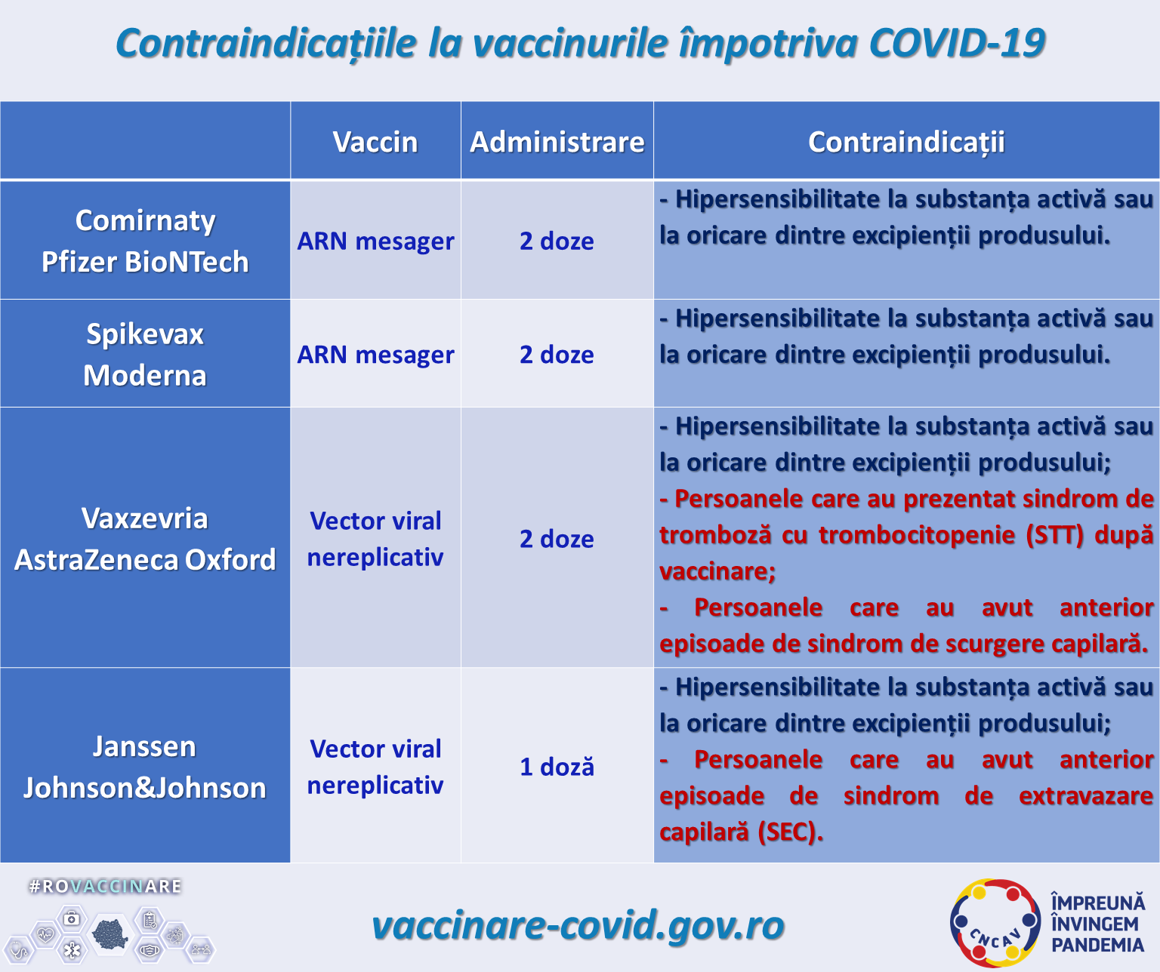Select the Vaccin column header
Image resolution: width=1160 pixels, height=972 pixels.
pyautogui.click(x=375, y=142)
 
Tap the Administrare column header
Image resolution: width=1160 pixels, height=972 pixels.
pyautogui.click(x=557, y=142)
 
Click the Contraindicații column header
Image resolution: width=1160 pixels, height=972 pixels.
pyautogui.click(x=906, y=142)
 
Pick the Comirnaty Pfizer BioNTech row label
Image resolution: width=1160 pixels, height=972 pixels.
pyautogui.click(x=145, y=241)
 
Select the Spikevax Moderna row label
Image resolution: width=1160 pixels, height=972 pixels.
pyautogui.click(x=145, y=354)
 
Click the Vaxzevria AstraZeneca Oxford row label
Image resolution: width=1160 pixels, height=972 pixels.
pyautogui.click(x=145, y=539)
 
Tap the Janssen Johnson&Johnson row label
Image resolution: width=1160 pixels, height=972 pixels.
pyautogui.click(x=145, y=767)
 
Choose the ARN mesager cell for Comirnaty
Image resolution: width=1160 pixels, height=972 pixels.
pyautogui.click(x=375, y=241)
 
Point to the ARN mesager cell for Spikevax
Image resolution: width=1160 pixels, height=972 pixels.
pyautogui.click(x=375, y=355)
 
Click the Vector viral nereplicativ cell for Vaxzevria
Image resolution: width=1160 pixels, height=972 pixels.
pyautogui.click(x=375, y=539)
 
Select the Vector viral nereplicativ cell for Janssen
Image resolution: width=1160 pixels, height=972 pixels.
pyautogui.click(x=375, y=767)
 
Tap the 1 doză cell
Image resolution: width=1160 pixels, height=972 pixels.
pyautogui.click(x=557, y=767)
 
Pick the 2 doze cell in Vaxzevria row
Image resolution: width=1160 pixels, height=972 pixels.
pyautogui.click(x=557, y=540)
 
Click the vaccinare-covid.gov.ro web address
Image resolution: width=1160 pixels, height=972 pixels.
pyautogui.click(x=578, y=925)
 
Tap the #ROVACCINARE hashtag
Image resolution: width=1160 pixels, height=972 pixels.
pyautogui.click(x=105, y=886)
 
